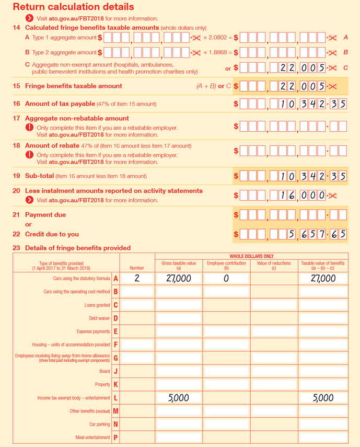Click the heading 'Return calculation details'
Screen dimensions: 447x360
click(x=73, y=7)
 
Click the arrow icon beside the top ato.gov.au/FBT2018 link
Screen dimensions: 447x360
click(x=30, y=18)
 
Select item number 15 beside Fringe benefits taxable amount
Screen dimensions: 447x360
click(x=16, y=86)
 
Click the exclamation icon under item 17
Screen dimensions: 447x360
click(x=30, y=128)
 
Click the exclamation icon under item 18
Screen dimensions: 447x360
click(x=30, y=155)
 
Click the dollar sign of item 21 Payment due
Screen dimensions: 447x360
click(x=236, y=215)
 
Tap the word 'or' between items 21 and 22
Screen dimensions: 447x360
click(x=28, y=225)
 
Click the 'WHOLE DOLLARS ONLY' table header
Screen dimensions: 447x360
click(x=251, y=256)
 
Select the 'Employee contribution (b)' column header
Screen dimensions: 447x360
click(x=226, y=265)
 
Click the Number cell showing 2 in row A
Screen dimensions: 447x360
click(x=137, y=279)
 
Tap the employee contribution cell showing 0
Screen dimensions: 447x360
click(x=226, y=279)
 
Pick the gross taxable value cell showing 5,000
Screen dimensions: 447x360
click(x=179, y=398)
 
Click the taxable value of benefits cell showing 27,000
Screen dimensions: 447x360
click(x=323, y=279)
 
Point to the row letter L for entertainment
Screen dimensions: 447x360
click(x=115, y=398)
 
